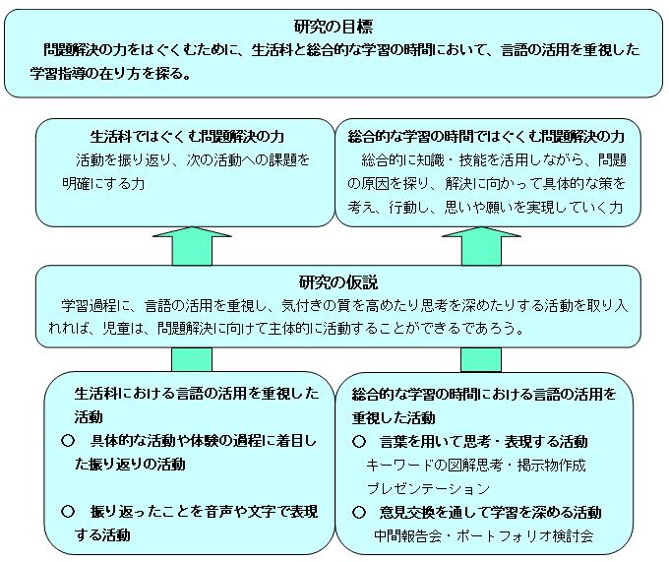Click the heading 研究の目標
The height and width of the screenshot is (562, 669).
click(334, 27)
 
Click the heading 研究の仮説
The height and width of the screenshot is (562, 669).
click(337, 282)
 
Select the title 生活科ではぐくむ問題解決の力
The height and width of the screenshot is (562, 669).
click(187, 137)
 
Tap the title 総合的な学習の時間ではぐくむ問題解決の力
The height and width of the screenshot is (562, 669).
click(486, 137)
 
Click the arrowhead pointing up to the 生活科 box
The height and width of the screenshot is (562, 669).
click(192, 232)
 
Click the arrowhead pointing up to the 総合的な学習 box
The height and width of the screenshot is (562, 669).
click(481, 232)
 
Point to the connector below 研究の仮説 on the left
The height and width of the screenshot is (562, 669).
click(192, 359)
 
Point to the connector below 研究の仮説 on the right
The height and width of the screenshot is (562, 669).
click(481, 359)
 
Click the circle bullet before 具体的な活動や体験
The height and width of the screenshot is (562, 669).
click(68, 440)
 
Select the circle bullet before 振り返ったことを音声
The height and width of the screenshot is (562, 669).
click(68, 511)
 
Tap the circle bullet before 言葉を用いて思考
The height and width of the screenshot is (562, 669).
click(359, 441)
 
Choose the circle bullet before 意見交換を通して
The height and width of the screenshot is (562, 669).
click(359, 512)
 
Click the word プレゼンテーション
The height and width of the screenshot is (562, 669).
click(428, 488)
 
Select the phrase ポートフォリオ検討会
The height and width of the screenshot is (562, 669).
click(524, 536)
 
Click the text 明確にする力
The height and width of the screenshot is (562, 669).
click(103, 184)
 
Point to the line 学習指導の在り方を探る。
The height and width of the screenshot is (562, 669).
click(110, 74)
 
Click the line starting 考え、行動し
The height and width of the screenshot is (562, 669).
click(485, 208)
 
